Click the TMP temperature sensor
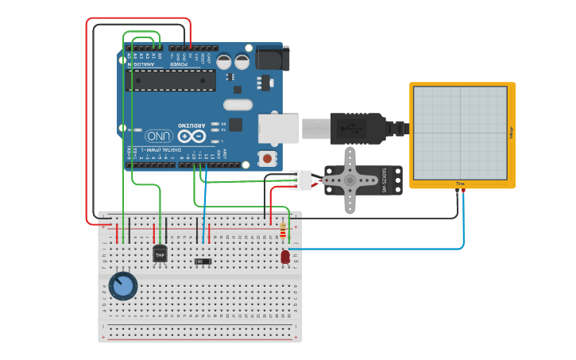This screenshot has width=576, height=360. pyautogui.click(x=160, y=254)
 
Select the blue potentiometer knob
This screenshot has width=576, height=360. pyautogui.click(x=122, y=286)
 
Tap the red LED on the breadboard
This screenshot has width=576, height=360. pyautogui.click(x=285, y=257)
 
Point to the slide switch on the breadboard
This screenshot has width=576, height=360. pyautogui.click(x=203, y=261)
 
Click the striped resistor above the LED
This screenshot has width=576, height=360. pyautogui.click(x=283, y=231)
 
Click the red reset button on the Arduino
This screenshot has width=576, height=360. pyautogui.click(x=267, y=157)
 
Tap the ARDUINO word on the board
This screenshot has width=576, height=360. pyautogui.click(x=191, y=125)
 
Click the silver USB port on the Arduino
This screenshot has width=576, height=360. pyautogui.click(x=278, y=129)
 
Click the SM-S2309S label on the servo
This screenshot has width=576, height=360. pyautogui.click(x=385, y=180)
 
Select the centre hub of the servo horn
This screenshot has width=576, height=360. pyautogui.click(x=350, y=180)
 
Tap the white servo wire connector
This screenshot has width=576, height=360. pyautogui.click(x=300, y=180)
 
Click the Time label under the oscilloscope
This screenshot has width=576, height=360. pyautogui.click(x=460, y=184)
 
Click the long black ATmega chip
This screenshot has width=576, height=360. pyautogui.click(x=170, y=80)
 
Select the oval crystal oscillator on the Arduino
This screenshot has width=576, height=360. pyautogui.click(x=238, y=105)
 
